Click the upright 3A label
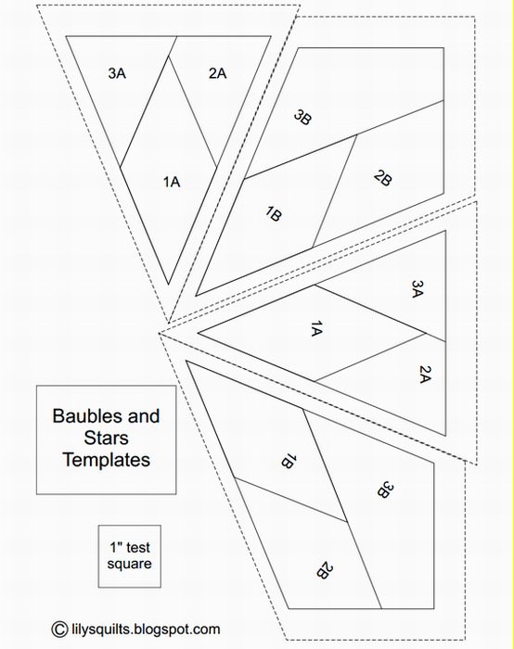(117, 73)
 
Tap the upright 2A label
(217, 73)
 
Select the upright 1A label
(171, 182)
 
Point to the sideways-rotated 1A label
(316, 328)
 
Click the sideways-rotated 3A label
(418, 289)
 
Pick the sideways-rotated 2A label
(425, 375)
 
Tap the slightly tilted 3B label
(302, 118)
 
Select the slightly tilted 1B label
(274, 214)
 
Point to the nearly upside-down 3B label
(385, 490)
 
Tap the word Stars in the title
(107, 438)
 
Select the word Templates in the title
(107, 460)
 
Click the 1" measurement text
(115, 547)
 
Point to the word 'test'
(136, 548)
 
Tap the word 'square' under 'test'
(129, 564)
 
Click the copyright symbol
(59, 630)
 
